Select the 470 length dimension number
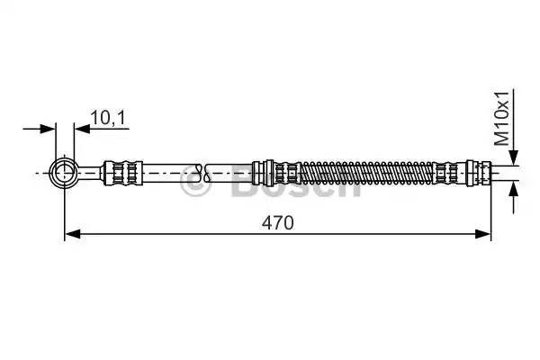[278, 222]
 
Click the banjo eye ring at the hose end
[64, 171]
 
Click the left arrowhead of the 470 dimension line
[72, 235]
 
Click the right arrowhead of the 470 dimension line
[484, 235]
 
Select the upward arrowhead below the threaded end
[513, 186]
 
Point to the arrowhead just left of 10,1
[79, 130]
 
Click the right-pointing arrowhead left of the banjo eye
[49, 130]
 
